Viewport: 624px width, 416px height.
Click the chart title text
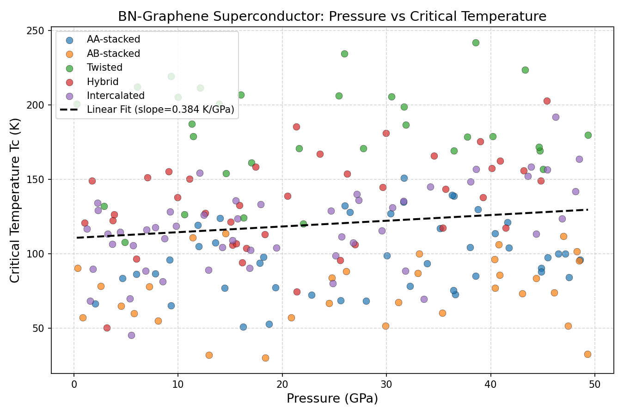(332, 17)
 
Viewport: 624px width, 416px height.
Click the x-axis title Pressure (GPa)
(332, 398)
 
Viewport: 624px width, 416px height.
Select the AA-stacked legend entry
(113, 39)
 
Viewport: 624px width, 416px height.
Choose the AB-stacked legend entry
(113, 54)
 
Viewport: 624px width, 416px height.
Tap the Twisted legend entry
(104, 67)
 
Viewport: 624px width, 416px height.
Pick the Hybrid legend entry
(103, 82)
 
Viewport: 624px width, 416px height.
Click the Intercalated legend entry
(116, 96)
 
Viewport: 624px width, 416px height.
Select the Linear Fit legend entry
(160, 110)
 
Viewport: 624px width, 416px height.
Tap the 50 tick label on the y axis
(41, 328)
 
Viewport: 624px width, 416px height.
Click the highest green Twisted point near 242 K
(476, 43)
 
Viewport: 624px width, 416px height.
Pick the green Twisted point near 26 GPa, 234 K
(344, 54)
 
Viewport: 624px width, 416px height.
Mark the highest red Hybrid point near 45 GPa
(547, 101)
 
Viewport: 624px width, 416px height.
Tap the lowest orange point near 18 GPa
(265, 358)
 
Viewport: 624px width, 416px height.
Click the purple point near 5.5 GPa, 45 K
(131, 335)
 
